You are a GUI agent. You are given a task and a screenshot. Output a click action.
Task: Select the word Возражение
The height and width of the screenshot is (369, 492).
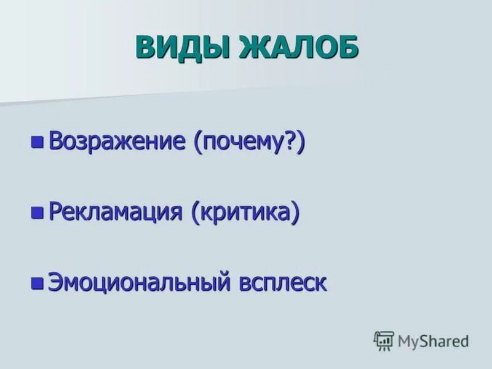tap(117, 142)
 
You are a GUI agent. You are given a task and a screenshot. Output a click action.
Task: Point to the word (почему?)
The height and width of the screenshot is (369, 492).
tap(249, 143)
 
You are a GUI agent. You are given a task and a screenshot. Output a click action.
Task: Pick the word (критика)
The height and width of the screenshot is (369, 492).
tap(245, 213)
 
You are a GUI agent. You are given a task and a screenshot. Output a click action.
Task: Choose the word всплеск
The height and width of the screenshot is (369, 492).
tap(282, 283)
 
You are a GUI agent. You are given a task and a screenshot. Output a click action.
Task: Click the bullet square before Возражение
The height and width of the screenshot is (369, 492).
tap(38, 143)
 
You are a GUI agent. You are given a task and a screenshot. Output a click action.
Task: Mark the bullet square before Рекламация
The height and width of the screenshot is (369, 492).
tap(38, 213)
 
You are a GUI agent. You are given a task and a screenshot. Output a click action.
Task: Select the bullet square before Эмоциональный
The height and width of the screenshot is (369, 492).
tap(38, 283)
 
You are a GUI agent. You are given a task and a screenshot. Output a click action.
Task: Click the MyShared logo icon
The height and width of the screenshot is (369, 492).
tap(384, 341)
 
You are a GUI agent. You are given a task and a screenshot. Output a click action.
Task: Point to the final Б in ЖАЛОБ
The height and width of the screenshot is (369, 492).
tap(346, 47)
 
